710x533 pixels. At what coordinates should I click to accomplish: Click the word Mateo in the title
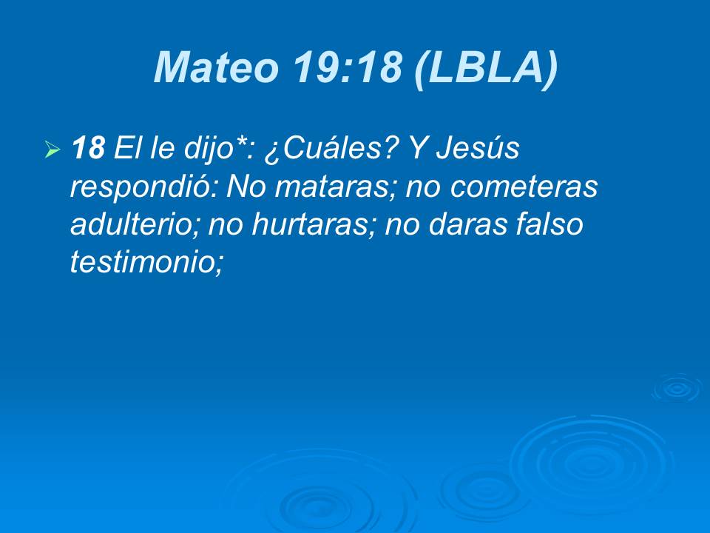click(x=215, y=69)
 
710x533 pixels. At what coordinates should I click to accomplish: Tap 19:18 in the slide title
click(x=347, y=69)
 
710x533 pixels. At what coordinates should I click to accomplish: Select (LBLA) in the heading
click(x=484, y=69)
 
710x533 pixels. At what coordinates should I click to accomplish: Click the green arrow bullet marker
click(x=52, y=151)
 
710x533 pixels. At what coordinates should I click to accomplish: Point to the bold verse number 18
click(x=88, y=150)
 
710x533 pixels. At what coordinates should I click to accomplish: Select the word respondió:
click(x=144, y=188)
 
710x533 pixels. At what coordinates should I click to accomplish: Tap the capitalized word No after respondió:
click(x=245, y=188)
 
